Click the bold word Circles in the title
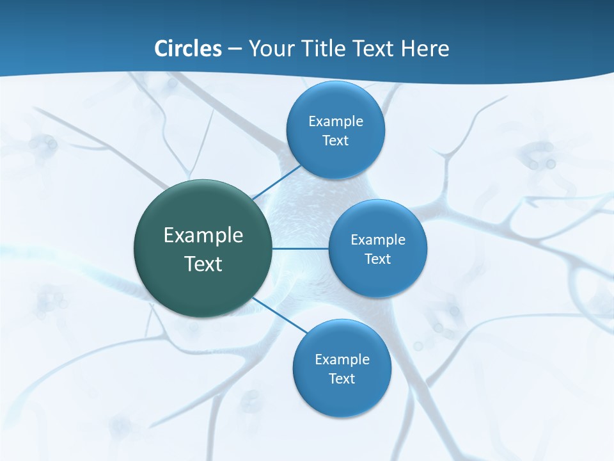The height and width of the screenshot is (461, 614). point(188,49)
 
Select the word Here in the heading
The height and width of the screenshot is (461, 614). point(425,49)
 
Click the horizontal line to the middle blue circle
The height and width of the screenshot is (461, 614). point(300,248)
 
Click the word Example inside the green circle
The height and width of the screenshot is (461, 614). point(203,236)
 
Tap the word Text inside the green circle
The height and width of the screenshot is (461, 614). point(203,264)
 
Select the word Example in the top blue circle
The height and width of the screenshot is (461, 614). point(336,122)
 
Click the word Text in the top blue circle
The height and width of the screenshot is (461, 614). point(336,141)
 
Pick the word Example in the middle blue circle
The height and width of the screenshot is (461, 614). point(378,240)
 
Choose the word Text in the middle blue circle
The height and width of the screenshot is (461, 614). point(378,259)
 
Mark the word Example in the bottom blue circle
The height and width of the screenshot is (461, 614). point(342,360)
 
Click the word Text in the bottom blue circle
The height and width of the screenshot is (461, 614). point(342,379)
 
